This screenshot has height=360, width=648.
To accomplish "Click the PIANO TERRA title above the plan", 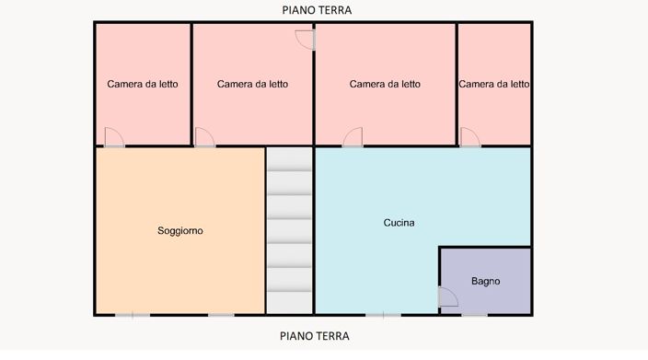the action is tap(317, 10).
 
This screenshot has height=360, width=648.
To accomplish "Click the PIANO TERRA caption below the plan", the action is tap(315, 336).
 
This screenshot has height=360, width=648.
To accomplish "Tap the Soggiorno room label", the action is tap(180, 230).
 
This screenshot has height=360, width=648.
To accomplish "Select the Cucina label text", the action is tap(399, 223).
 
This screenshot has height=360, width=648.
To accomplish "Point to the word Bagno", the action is tap(486, 281).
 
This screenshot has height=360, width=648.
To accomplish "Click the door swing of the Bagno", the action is tap(447, 296).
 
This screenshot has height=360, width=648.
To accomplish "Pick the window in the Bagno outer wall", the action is tap(474, 315).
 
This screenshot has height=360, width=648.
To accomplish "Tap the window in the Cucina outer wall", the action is tap(383, 315).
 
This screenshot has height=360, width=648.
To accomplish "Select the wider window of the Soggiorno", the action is tap(133, 315).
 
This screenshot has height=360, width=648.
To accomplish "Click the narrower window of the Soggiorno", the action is tap(221, 315).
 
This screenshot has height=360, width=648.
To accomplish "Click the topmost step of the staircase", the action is tap(289, 159).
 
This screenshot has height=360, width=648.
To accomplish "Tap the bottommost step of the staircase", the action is tap(289, 303).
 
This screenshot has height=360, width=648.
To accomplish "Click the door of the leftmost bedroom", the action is tap(114, 137).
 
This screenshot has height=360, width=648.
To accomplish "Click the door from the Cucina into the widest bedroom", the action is tap(353, 137).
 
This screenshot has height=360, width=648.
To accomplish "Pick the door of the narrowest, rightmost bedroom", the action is tap(470, 137).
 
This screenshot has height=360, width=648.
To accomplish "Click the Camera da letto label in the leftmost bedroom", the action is tap(143, 84).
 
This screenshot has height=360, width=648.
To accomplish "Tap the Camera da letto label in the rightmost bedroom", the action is tap(494, 84).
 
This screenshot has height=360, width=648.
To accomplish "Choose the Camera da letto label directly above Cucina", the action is tap(385, 84).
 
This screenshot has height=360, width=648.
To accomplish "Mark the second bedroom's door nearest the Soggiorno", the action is tap(204, 137).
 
